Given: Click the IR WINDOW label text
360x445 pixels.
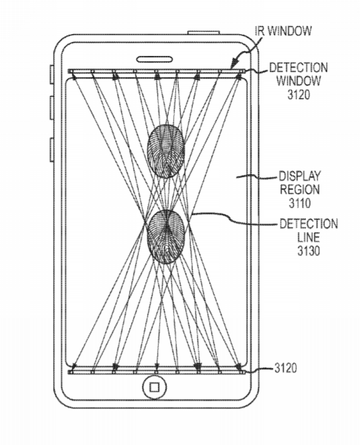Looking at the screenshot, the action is (283, 31).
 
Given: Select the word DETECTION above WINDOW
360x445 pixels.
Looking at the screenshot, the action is (298, 68).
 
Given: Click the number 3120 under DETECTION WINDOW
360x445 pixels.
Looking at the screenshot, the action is (299, 94).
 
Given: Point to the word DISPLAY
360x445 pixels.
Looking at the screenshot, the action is (300, 176).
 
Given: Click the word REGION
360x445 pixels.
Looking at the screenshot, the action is (300, 190).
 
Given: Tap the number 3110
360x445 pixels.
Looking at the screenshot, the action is (300, 203).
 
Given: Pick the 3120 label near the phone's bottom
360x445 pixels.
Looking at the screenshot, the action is (285, 368).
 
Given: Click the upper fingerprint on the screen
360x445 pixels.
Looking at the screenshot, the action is (166, 151).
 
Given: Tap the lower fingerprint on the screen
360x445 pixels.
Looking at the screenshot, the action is (166, 237).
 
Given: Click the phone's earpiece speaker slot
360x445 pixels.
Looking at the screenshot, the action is (155, 60).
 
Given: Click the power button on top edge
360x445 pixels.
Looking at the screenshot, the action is (204, 33).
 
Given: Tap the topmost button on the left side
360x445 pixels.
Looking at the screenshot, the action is (52, 74).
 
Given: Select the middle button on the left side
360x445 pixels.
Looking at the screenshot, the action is (52, 108).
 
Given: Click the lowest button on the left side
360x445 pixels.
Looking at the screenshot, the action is (52, 150).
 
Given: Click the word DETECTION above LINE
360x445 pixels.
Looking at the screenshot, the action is (309, 224).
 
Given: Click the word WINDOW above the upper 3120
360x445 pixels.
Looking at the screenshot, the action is (299, 81).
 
